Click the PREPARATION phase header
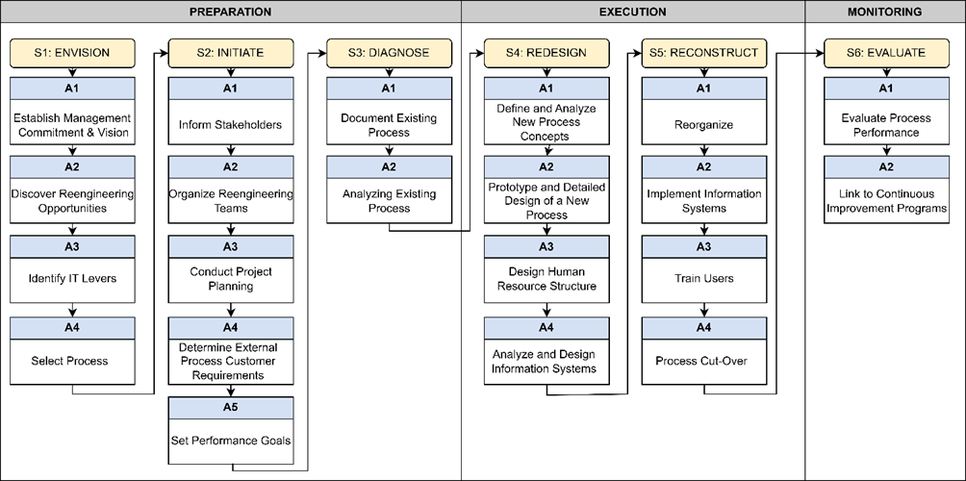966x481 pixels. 230,12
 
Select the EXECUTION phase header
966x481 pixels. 632,12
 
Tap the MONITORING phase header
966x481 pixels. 884,12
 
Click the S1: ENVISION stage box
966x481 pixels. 73,52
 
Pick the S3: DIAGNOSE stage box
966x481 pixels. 389,52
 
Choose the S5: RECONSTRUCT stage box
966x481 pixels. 704,52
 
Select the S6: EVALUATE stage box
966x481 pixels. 884,52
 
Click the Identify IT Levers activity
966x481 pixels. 73,279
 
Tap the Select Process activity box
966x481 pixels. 73,360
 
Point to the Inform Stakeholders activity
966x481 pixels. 231,125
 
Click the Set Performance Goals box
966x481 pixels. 231,441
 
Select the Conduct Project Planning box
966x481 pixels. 231,279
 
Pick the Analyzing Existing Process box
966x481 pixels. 389,201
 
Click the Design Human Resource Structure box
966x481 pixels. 547,279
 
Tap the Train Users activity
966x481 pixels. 704,279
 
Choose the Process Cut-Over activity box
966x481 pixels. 704,360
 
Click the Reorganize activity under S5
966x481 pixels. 704,125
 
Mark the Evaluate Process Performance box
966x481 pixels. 884,125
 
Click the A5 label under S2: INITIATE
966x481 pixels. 231,407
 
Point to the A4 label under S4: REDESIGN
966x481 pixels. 547,326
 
